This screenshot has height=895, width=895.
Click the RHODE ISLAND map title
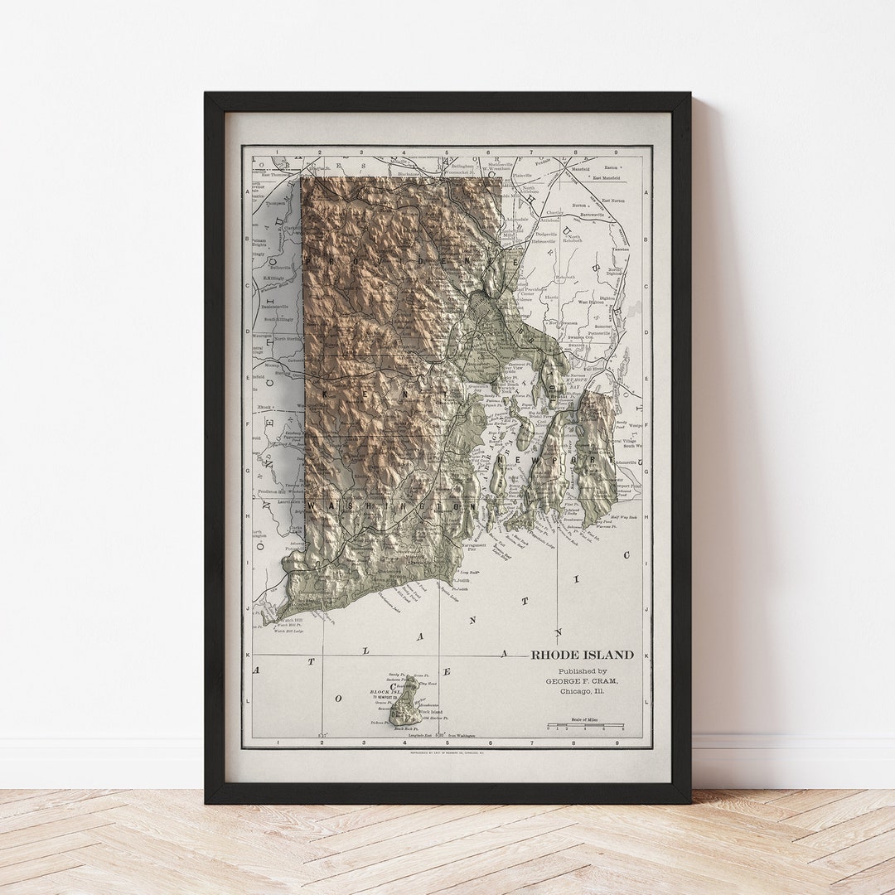pyautogui.click(x=582, y=655)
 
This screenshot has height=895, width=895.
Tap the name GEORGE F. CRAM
pyautogui.click(x=582, y=681)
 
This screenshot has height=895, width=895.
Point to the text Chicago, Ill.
pyautogui.click(x=582, y=691)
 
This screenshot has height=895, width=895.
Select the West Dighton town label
pyautogui.click(x=591, y=302)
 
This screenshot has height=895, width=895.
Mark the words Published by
pyautogui.click(x=582, y=670)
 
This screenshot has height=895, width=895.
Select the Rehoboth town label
pyautogui.click(x=565, y=277)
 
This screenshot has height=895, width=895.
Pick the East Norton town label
pyautogui.click(x=613, y=201)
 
